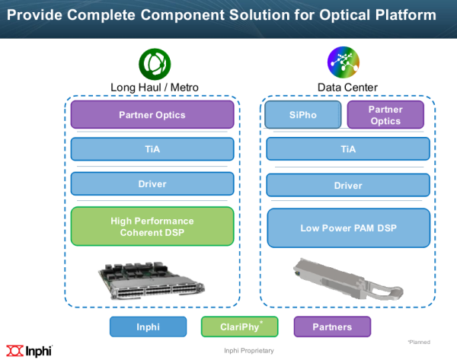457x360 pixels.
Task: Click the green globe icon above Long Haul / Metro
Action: click(155, 64)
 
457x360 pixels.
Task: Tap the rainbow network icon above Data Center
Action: click(344, 62)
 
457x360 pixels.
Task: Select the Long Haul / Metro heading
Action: click(155, 88)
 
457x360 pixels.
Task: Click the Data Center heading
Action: click(347, 88)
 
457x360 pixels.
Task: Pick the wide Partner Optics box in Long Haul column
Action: click(152, 115)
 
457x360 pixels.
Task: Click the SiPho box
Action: click(303, 115)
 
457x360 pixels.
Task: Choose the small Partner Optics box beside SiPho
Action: click(385, 115)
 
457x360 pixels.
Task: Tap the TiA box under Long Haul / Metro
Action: click(152, 149)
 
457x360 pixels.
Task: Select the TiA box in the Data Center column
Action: click(348, 149)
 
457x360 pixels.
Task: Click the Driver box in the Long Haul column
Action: click(152, 183)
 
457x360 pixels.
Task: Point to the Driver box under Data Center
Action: click(348, 185)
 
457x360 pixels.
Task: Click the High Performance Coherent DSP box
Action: click(152, 226)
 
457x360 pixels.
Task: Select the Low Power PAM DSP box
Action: click(349, 228)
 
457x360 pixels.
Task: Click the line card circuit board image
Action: click(152, 280)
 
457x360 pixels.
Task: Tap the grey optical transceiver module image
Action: click(348, 279)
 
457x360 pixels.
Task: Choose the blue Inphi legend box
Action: click(148, 327)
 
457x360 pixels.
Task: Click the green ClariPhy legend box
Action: click(240, 327)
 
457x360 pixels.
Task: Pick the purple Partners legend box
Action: click(332, 327)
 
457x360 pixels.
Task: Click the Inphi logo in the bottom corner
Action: click(29, 351)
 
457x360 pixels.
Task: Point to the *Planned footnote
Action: click(419, 342)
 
